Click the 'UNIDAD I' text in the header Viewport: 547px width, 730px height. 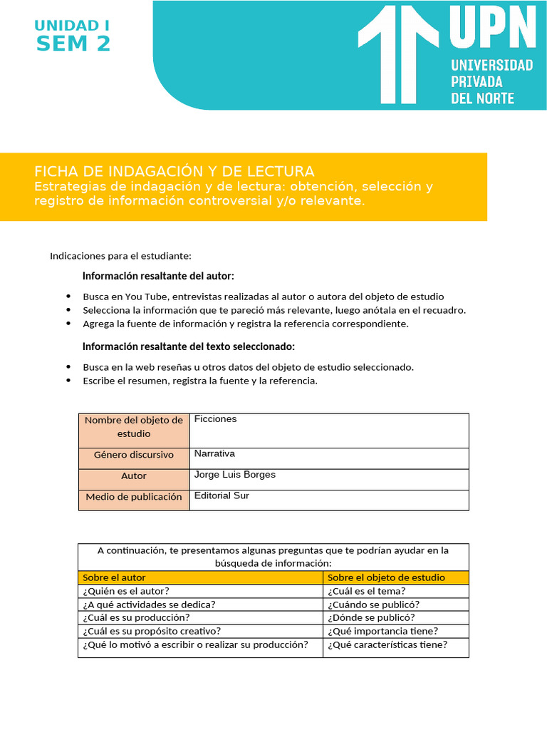pos(72,26)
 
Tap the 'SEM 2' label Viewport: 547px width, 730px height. pos(73,44)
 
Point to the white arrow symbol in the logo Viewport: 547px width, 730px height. pos(397,53)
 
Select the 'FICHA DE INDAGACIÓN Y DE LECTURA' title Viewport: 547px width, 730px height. pos(174,171)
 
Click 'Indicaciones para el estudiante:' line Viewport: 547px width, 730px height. pos(120,256)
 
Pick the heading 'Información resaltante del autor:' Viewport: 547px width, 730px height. pos(158,276)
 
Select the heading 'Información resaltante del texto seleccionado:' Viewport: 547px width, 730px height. pos(188,346)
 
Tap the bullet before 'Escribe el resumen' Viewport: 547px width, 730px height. pos(68,381)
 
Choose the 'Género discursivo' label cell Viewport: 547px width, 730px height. pos(134,455)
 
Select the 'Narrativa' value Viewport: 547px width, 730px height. pos(214,453)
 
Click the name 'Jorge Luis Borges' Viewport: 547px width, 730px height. pos(234,475)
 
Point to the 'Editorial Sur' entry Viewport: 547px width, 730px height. pos(222,495)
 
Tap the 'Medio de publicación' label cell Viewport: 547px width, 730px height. pos(134,497)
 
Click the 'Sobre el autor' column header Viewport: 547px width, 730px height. pos(114,577)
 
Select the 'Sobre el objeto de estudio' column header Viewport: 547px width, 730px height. pos(386,577)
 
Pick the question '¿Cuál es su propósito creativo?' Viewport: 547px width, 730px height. pos(152,631)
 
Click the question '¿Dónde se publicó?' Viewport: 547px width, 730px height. pos(371,617)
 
